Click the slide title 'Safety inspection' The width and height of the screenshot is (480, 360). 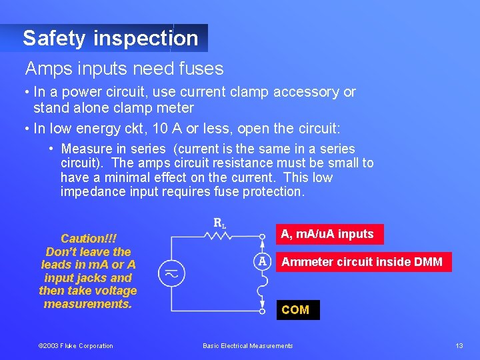110,38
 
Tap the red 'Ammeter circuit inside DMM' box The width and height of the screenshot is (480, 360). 361,261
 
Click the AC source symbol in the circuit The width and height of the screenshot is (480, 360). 171,273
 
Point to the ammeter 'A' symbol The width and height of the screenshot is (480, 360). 263,261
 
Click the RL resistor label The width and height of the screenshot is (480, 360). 219,223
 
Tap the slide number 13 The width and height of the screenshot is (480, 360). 459,345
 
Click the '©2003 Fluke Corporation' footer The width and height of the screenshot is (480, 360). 75,345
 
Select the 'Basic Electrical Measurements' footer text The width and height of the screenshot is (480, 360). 247,345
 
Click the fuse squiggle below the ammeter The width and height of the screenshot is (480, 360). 262,288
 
